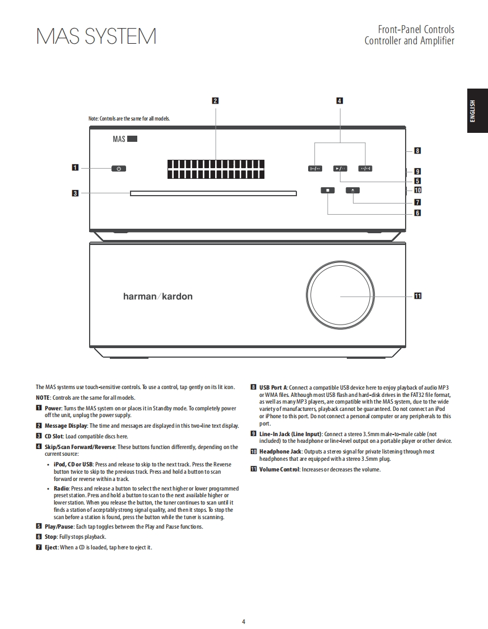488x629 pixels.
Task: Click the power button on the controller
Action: pyautogui.click(x=118, y=168)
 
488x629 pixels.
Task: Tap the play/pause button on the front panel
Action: pyautogui.click(x=340, y=168)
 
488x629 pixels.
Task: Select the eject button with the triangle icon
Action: pyautogui.click(x=353, y=190)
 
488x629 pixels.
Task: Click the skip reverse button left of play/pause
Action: pyautogui.click(x=315, y=168)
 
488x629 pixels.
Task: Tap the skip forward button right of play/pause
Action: pyautogui.click(x=365, y=168)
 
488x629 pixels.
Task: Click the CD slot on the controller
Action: pyautogui.click(x=213, y=194)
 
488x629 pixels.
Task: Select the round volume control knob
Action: pyautogui.click(x=340, y=295)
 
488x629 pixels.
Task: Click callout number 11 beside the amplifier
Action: pyautogui.click(x=417, y=296)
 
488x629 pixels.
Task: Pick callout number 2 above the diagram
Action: pyautogui.click(x=215, y=101)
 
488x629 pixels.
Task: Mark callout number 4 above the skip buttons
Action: pyautogui.click(x=340, y=101)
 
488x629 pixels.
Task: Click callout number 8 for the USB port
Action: pyautogui.click(x=417, y=150)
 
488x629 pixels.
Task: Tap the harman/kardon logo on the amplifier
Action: pyautogui.click(x=157, y=296)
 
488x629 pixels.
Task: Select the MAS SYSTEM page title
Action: pyautogui.click(x=96, y=37)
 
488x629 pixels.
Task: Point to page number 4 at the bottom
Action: pyautogui.click(x=243, y=621)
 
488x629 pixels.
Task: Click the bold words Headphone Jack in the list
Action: pyautogui.click(x=280, y=451)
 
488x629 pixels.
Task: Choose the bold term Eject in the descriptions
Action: pyautogui.click(x=51, y=547)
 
